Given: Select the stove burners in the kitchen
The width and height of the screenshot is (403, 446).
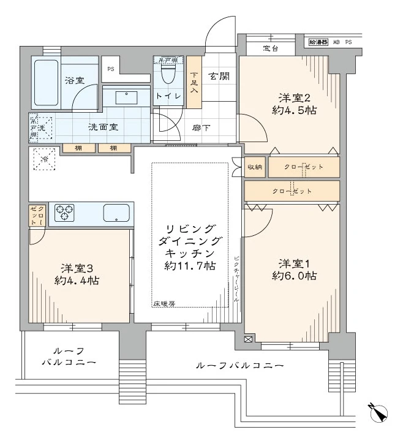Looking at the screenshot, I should pos(64,213).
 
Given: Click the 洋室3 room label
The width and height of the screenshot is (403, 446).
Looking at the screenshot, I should pos(77,268).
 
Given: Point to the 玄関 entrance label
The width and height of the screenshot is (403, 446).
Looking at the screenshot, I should pos(219,77).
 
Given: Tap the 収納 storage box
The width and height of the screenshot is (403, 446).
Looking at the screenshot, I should pos(255,167).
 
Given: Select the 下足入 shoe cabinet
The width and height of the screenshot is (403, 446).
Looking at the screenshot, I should pos(194,82).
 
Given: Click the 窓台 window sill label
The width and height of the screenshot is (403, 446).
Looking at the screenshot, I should pos(271,48).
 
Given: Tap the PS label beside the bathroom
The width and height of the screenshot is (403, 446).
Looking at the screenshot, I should pos(111,69).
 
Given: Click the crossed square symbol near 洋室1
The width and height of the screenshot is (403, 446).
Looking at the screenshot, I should pos(248,339).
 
